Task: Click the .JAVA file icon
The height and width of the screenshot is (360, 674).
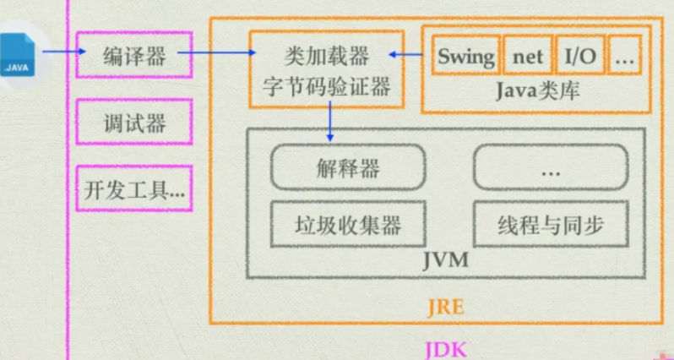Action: tap(17, 55)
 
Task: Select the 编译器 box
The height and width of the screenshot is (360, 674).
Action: tap(134, 55)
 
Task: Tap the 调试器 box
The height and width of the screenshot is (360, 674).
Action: tap(134, 122)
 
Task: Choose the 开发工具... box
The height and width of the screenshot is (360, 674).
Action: tap(134, 188)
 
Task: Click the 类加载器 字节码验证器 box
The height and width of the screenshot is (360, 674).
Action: tap(327, 68)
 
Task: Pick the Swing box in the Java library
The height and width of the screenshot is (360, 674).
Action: tap(466, 55)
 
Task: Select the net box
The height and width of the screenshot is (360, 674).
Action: tap(528, 55)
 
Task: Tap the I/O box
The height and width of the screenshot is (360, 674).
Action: tap(580, 55)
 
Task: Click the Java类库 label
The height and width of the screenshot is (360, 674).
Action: tap(538, 91)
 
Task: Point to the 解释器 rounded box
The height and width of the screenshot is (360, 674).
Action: tap(348, 166)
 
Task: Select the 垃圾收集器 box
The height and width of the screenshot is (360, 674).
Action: tap(348, 224)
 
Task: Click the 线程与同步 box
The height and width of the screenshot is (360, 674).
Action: tap(551, 224)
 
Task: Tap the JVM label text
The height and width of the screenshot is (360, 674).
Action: tap(446, 260)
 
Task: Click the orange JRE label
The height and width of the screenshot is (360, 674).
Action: tap(446, 307)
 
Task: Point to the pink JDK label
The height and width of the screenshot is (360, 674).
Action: tap(446, 349)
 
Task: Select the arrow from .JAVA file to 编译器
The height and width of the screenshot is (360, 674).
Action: tap(64, 52)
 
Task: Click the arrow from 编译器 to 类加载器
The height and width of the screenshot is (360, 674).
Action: tap(216, 53)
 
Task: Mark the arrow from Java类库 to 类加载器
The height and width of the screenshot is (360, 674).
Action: tap(405, 54)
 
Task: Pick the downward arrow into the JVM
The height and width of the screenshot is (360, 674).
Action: tap(329, 121)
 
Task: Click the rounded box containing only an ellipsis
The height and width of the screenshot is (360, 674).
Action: tap(551, 166)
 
